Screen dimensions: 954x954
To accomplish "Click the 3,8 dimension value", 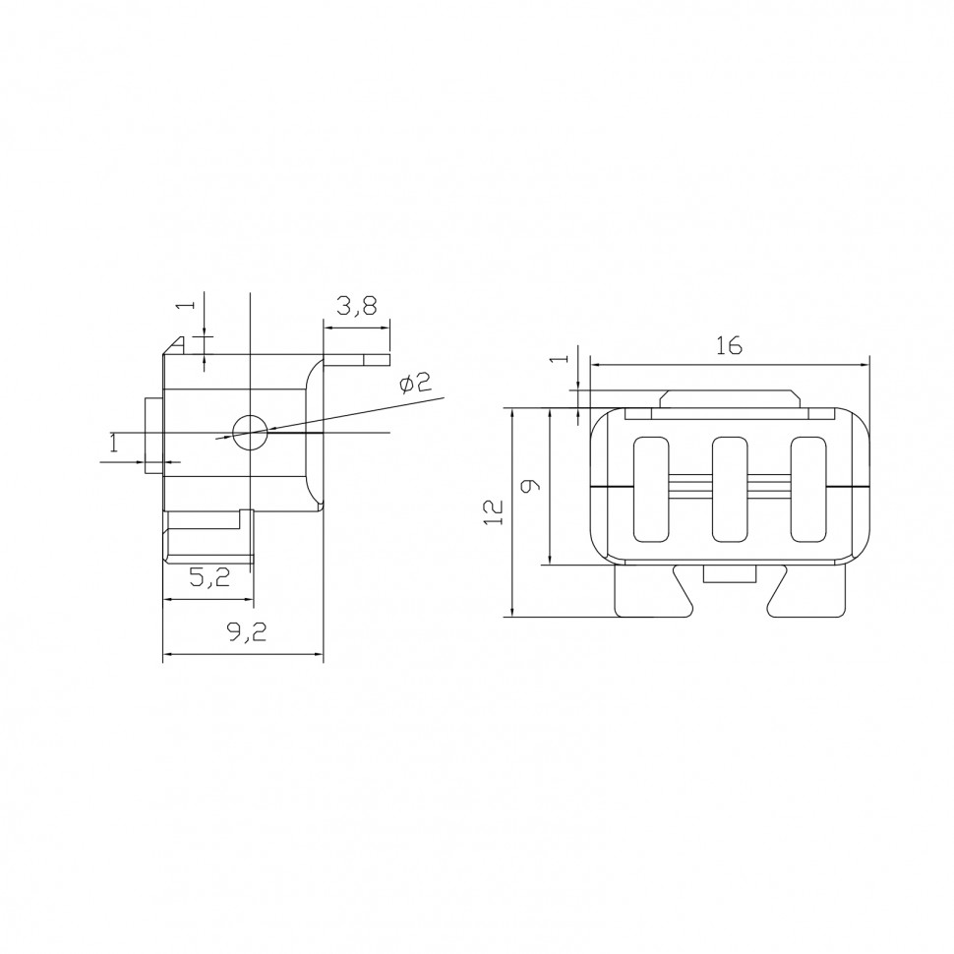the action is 357,306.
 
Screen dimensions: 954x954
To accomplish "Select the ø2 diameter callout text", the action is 415,383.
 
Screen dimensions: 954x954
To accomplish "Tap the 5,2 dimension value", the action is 209,577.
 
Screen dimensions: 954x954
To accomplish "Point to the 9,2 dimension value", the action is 247,632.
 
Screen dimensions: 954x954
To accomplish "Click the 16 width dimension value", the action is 729,345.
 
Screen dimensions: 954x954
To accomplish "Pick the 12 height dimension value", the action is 494,511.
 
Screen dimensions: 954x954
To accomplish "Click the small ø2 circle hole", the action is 250,433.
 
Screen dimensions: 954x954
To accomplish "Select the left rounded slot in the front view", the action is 651,489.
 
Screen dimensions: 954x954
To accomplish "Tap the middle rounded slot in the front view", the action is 730,489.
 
